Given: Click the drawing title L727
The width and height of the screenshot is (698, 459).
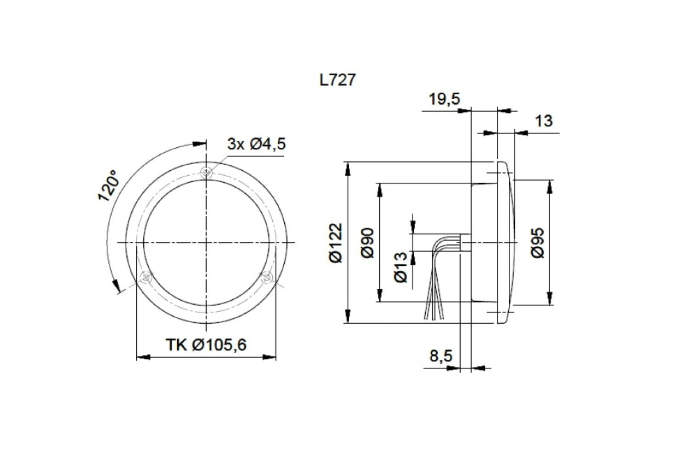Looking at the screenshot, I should (x=338, y=80).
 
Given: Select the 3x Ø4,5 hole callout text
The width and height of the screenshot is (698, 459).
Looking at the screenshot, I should (x=256, y=144).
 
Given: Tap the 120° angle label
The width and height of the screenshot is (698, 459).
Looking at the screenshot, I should (x=108, y=186).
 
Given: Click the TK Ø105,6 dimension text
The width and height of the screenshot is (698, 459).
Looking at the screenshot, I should (x=206, y=344).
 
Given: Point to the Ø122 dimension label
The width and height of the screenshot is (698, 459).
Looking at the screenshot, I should (x=336, y=243).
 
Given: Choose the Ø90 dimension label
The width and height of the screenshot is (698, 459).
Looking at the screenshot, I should (x=368, y=243).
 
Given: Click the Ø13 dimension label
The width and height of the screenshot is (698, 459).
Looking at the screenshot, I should (x=400, y=267).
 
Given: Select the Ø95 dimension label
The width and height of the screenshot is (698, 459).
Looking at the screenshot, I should (x=539, y=243).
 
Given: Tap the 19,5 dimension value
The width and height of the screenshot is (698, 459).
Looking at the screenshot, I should (x=444, y=99).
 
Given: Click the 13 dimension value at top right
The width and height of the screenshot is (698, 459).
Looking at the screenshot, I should (x=544, y=121).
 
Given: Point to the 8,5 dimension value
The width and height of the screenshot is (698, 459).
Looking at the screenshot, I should (x=441, y=356).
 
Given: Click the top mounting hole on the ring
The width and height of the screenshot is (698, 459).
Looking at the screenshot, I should (x=207, y=173).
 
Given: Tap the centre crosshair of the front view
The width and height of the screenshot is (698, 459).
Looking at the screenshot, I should (x=207, y=242).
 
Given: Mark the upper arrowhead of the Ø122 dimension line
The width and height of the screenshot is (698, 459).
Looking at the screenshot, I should (x=348, y=168).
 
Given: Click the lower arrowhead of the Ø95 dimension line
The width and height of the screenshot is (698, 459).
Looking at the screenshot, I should (x=550, y=298).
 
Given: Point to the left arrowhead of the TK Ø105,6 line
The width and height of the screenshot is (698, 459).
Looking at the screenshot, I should (x=144, y=357).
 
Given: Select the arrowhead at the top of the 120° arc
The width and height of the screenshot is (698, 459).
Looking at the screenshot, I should (x=199, y=144).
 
